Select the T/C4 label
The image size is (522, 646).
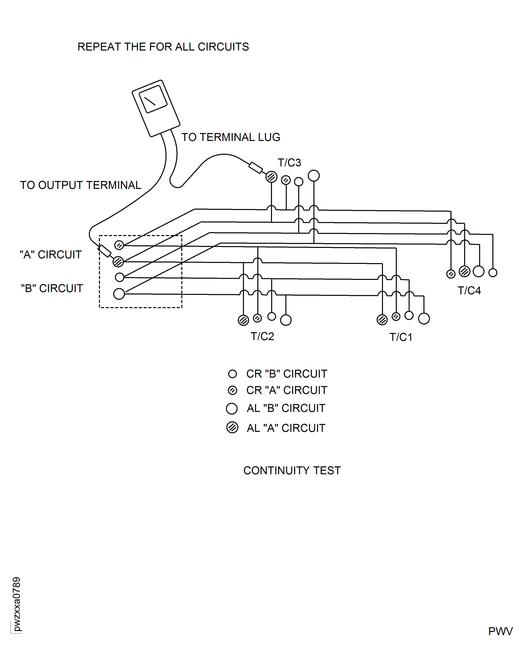pyautogui.click(x=469, y=291)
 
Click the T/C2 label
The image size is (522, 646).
pyautogui.click(x=262, y=336)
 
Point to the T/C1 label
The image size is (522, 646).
pyautogui.click(x=401, y=337)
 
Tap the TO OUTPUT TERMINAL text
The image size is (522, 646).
pyautogui.click(x=80, y=185)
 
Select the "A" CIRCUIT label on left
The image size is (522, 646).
pyautogui.click(x=51, y=254)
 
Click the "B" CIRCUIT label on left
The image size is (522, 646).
pyautogui.click(x=52, y=288)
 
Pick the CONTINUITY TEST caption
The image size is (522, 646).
pyautogui.click(x=292, y=470)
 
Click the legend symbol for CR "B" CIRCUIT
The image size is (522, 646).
pyautogui.click(x=232, y=374)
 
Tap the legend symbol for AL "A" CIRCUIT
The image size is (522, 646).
pyautogui.click(x=232, y=427)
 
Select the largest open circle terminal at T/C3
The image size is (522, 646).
pyautogui.click(x=314, y=175)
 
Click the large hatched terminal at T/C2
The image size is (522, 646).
pyautogui.click(x=243, y=320)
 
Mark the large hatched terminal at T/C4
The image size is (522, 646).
pyautogui.click(x=464, y=271)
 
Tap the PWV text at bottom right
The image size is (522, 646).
pyautogui.click(x=500, y=631)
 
